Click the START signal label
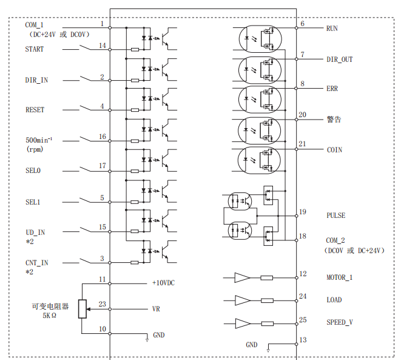pos(34,49)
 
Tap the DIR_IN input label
pos(36,80)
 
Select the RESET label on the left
pos(35,110)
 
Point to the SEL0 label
pos(33,171)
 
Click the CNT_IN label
pos(36,262)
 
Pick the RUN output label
pos(332,29)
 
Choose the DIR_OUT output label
pos(339,59)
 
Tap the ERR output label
pos(332,89)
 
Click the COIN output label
pos(334,150)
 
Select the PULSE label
pos(335,216)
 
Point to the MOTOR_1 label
pos(339,277)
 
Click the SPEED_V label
pos(339,322)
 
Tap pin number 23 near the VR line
pos(102,304)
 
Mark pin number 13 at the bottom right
pos(303,340)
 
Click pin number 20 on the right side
pos(302,115)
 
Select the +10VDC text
pos(164,283)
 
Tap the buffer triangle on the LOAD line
pos(242,300)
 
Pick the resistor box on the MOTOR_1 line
pos(267,278)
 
